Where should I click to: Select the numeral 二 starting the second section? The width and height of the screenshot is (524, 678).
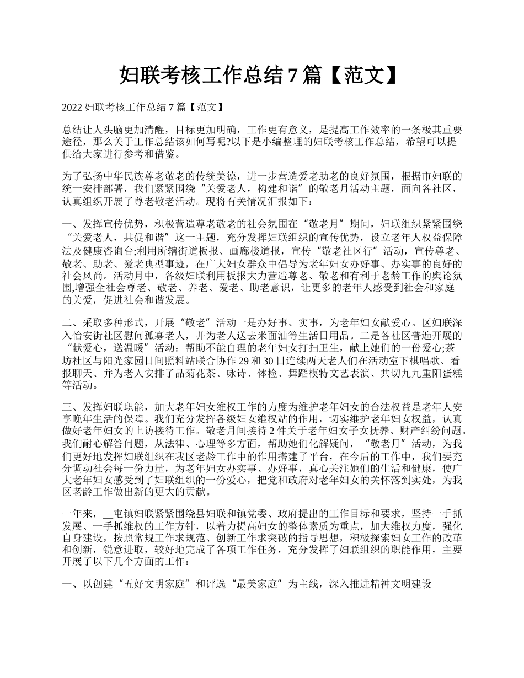click(67, 322)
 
